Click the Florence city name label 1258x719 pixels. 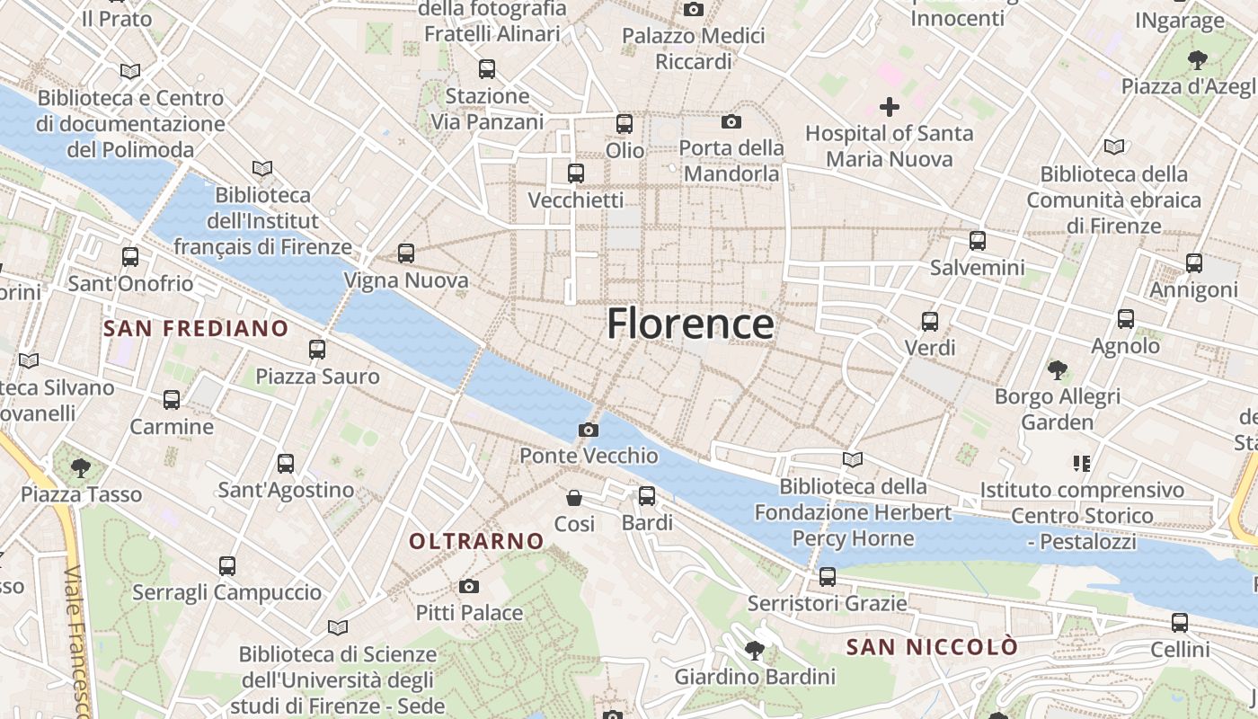(690, 324)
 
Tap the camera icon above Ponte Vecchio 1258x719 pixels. (589, 430)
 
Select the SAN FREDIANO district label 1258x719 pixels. (196, 328)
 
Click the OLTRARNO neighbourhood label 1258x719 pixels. (476, 541)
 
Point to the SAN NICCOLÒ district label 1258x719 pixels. (932, 647)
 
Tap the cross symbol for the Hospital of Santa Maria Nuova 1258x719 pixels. (889, 107)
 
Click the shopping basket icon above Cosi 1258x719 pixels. (574, 497)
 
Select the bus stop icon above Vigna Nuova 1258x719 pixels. (406, 253)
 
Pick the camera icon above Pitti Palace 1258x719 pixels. (468, 586)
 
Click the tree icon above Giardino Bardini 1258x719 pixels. (755, 649)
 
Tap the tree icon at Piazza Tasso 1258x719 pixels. (81, 466)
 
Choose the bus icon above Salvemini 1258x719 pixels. (978, 240)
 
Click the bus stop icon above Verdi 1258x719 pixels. (930, 321)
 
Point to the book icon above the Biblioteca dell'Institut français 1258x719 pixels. (262, 168)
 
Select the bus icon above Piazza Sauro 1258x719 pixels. (317, 349)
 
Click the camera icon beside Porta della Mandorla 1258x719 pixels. (731, 121)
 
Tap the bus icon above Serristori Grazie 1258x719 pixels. (828, 576)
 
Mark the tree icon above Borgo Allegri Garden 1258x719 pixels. (1058, 368)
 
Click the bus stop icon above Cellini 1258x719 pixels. (1180, 622)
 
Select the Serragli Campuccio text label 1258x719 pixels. (226, 592)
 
